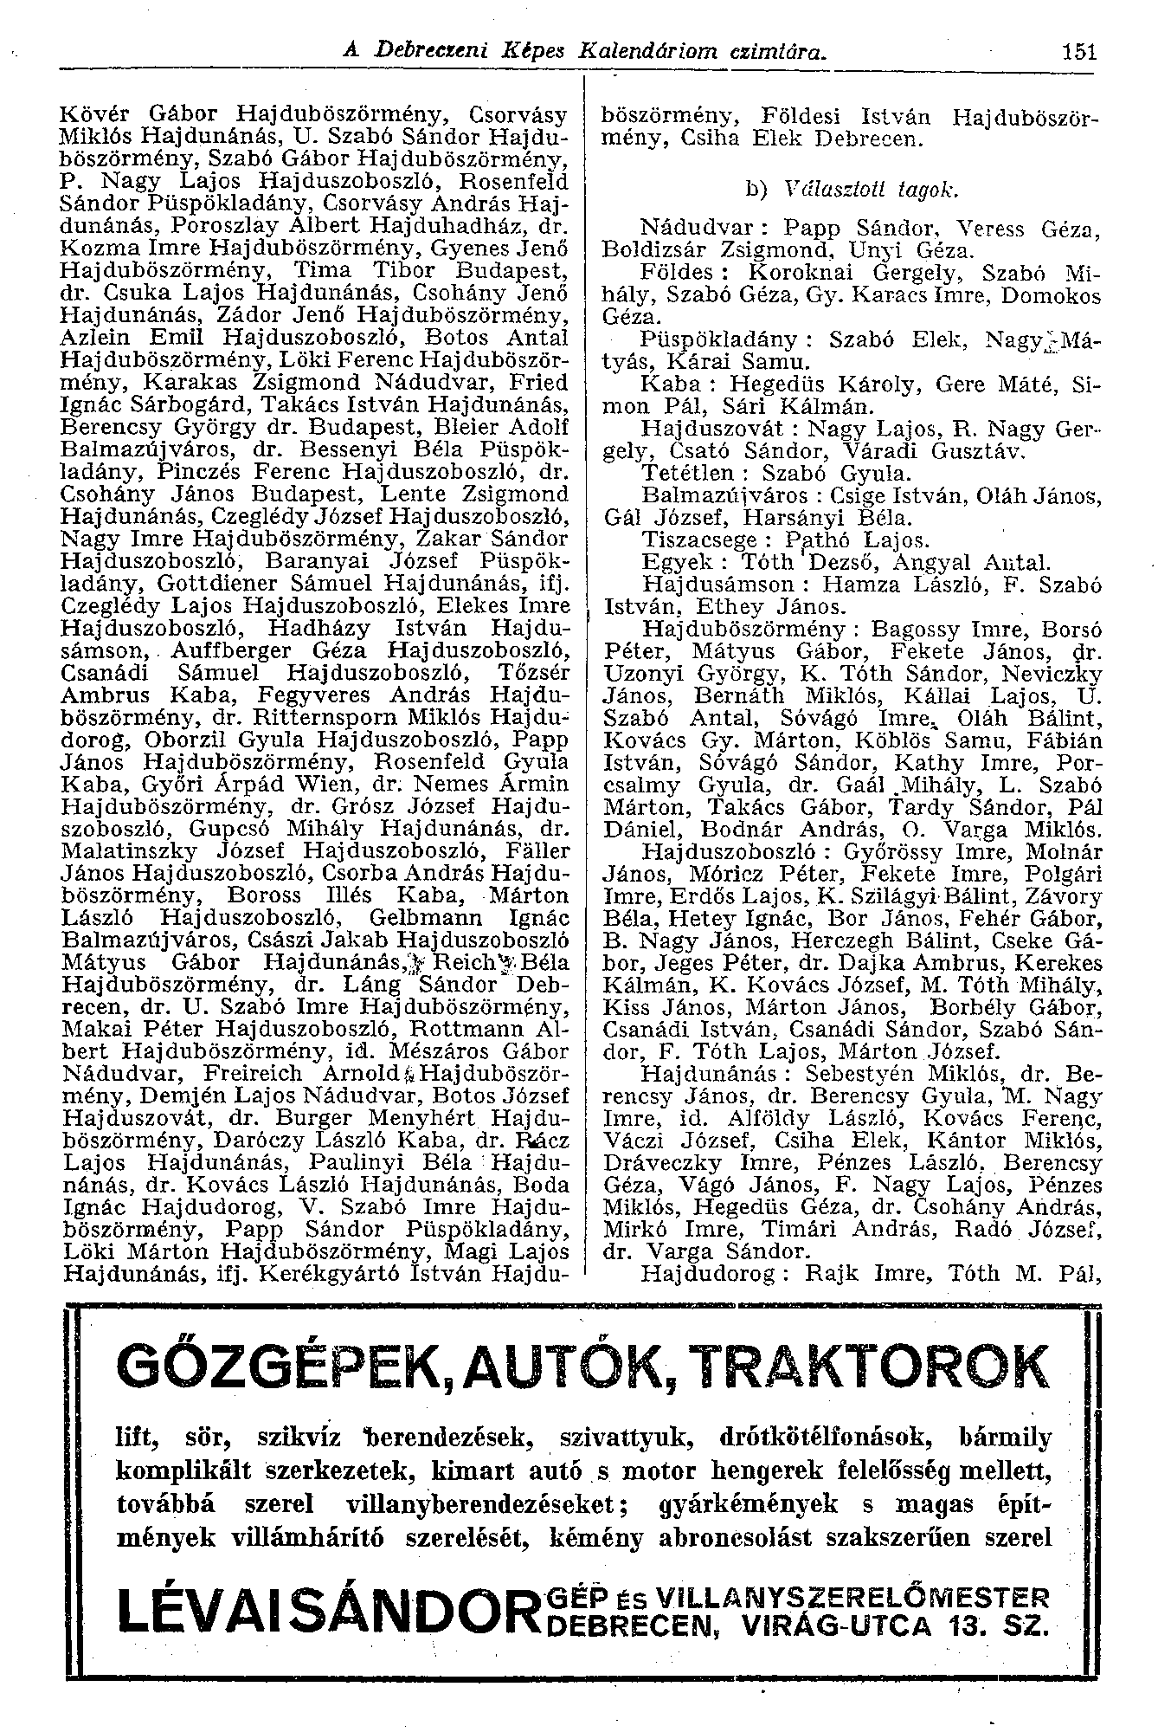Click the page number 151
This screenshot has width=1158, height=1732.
pyautogui.click(x=1080, y=51)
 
